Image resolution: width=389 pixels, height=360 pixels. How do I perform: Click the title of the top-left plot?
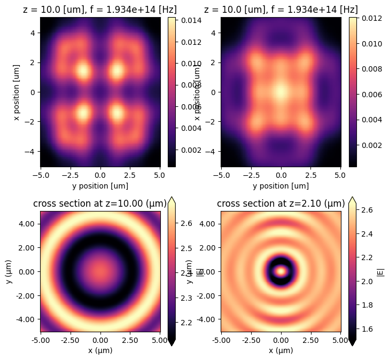[100, 10]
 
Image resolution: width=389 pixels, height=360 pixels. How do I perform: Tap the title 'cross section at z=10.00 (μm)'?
[100, 204]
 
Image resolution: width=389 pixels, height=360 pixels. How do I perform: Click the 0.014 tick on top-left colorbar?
[184, 20]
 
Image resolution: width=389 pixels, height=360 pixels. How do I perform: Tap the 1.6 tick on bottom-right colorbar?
[365, 330]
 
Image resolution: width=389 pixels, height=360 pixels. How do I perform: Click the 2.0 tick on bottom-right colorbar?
[365, 280]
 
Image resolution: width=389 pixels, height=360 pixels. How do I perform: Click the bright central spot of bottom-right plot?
[281, 271]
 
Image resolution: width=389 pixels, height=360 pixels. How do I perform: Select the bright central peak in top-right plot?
[281, 91]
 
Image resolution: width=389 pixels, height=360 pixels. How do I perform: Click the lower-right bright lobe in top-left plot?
[118, 112]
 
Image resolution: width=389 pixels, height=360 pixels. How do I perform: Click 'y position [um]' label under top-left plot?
[100, 186]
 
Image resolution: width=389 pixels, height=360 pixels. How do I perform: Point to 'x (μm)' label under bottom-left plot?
[100, 350]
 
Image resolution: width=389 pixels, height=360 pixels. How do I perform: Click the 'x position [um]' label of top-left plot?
[18, 92]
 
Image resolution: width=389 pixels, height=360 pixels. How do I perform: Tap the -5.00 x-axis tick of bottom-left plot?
[41, 340]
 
